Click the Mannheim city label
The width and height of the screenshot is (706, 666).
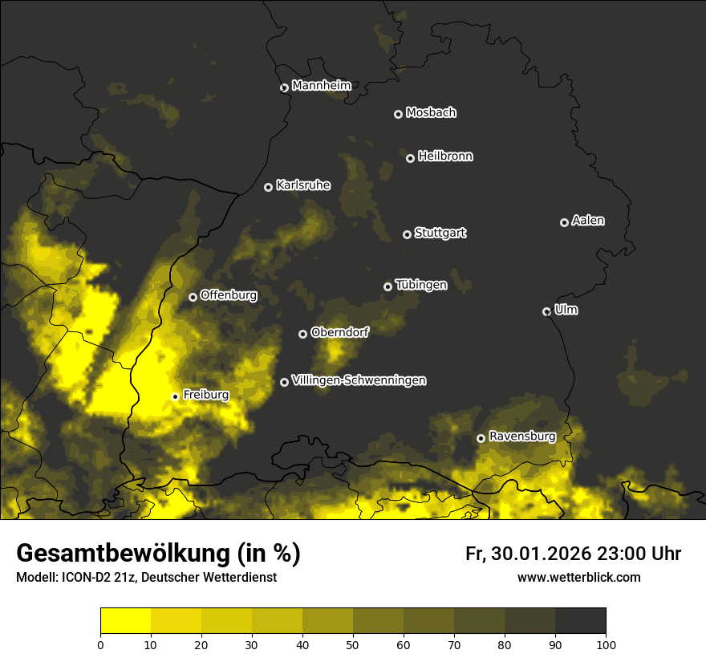[321, 86]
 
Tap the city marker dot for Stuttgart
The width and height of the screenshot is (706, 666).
[407, 234]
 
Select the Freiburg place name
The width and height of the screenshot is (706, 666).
[205, 395]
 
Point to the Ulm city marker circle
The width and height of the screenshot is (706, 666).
[546, 311]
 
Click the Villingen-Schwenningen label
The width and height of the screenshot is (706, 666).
[359, 380]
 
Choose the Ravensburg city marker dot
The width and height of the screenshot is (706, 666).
[481, 438]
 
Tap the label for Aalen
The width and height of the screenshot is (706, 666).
[588, 221]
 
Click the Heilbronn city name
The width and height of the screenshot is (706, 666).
[445, 156]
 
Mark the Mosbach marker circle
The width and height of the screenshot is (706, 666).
[397, 114]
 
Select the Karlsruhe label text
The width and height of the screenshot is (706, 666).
[303, 185]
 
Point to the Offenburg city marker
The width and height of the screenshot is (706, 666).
[193, 297]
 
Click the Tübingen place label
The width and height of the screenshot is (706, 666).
[421, 285]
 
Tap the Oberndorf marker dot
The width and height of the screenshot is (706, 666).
[302, 334]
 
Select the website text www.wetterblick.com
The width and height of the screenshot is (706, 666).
[578, 577]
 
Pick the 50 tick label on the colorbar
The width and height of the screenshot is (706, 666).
[353, 644]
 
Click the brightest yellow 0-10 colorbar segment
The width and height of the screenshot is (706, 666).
[125, 620]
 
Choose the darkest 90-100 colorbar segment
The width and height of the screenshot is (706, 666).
[580, 620]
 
